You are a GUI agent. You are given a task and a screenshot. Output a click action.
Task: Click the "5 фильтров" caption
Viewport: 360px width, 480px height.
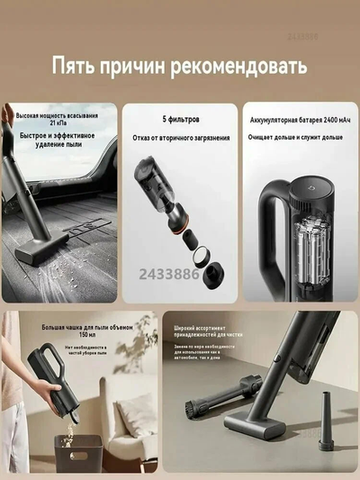tap(180, 119)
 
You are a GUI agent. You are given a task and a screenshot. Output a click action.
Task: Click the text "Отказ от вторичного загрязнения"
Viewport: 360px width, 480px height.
tap(180, 137)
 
